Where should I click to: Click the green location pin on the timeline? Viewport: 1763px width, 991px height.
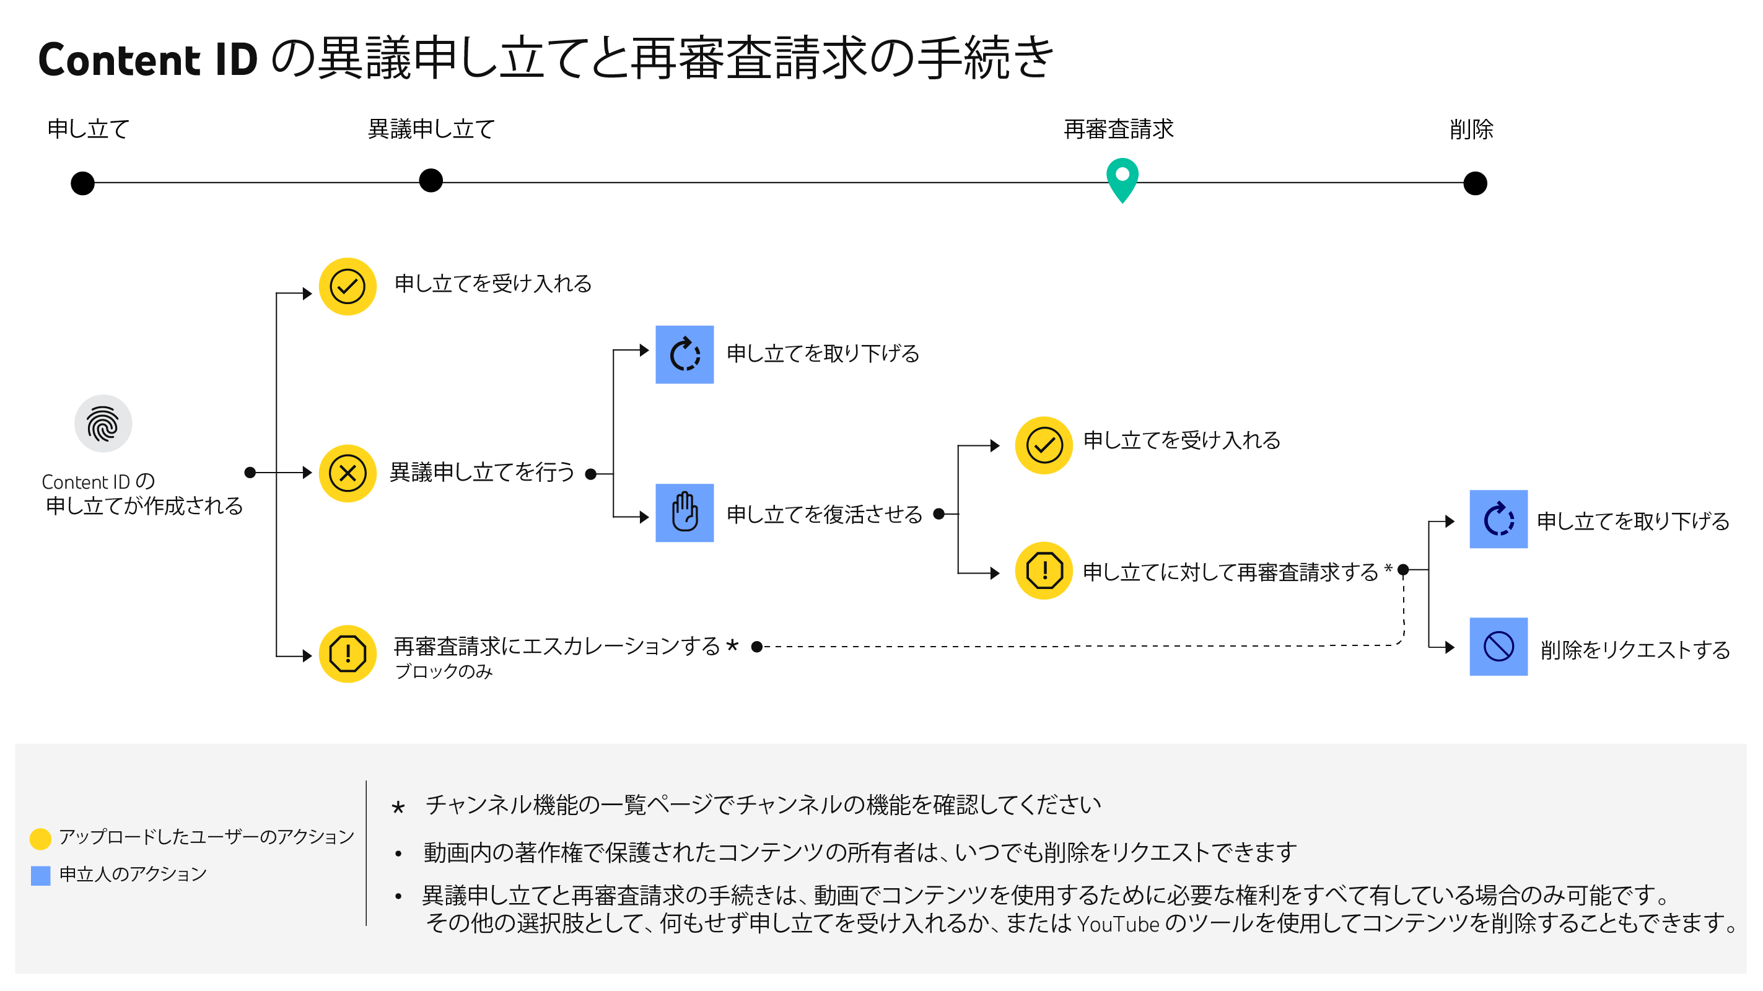(1122, 178)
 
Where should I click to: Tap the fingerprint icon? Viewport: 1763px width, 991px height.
(103, 424)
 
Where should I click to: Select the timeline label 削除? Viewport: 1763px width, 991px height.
(1471, 129)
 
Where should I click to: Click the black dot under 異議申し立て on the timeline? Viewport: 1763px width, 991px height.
(431, 181)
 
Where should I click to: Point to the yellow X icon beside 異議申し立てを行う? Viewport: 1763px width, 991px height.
(348, 474)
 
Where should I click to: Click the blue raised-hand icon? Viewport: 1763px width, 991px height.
(685, 513)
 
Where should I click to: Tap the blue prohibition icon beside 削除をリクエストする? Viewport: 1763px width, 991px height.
(1498, 647)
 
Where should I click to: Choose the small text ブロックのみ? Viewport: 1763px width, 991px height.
(444, 672)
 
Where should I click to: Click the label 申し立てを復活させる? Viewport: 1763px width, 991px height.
(824, 515)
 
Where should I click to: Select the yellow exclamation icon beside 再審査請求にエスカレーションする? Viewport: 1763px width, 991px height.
(348, 654)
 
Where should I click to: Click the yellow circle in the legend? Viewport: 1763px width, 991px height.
(40, 839)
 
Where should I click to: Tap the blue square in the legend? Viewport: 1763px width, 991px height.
(40, 876)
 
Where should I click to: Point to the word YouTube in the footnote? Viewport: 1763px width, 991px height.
(1118, 925)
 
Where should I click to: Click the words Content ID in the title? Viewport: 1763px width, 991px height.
(148, 59)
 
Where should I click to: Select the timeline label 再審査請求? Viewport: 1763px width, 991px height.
(1118, 129)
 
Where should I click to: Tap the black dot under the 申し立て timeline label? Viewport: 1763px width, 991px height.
(83, 183)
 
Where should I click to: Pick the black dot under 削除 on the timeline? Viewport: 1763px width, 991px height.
(1475, 183)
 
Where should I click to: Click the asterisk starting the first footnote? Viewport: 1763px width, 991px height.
(398, 808)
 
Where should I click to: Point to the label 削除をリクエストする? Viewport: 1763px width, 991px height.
(1635, 650)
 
